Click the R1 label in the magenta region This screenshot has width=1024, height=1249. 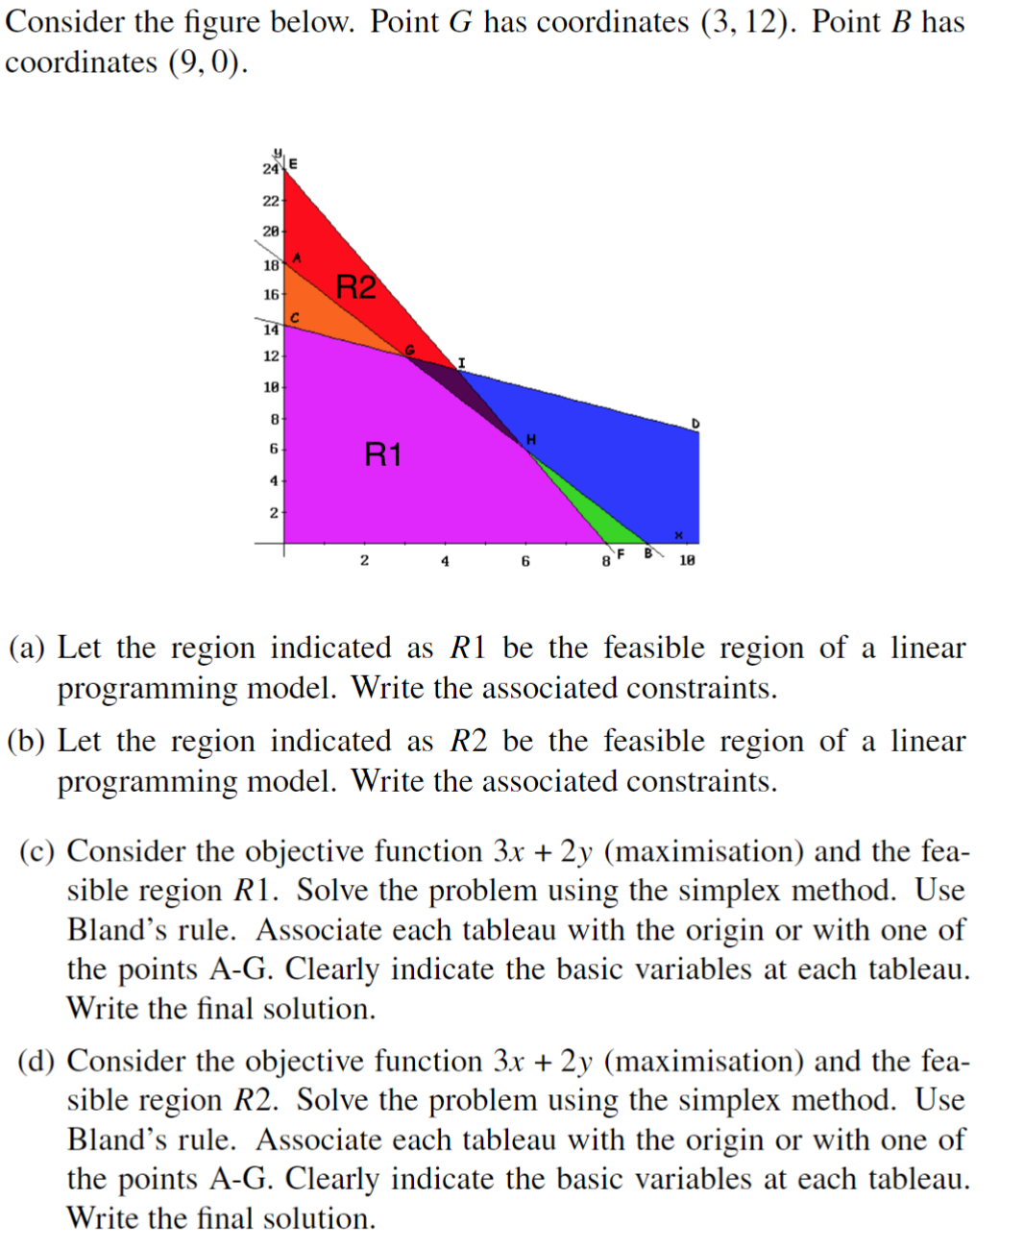tap(382, 453)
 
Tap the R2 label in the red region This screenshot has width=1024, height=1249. tap(355, 286)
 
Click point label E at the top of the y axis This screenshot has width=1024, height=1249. tap(293, 163)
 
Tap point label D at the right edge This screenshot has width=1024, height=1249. tap(695, 423)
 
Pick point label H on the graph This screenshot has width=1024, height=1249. tap(530, 439)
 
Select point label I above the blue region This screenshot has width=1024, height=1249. tap(461, 362)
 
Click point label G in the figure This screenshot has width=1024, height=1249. tap(410, 350)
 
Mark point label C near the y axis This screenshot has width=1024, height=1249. tap(295, 317)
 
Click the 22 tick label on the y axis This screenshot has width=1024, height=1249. tap(271, 201)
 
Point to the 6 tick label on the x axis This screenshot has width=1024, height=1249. tap(525, 561)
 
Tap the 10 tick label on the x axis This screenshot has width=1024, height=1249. tap(687, 560)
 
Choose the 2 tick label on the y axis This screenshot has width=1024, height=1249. tap(274, 513)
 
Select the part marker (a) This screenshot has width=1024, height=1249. tap(27, 649)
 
